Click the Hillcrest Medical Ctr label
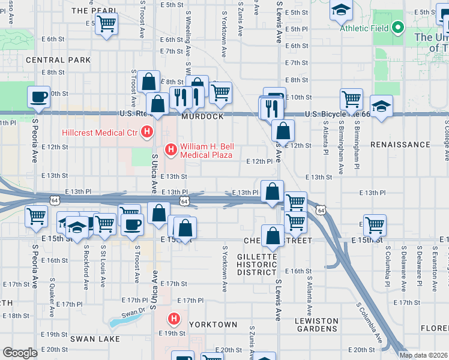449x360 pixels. [x=98, y=133]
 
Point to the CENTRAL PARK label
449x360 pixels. [x=58, y=60]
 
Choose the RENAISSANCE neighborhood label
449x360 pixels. [x=400, y=145]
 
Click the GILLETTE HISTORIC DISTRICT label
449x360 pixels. [x=256, y=264]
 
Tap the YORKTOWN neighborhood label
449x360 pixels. [x=213, y=324]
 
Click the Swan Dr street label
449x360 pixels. [x=133, y=313]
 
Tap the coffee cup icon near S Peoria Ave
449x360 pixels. [x=39, y=97]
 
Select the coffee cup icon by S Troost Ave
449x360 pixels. [x=133, y=224]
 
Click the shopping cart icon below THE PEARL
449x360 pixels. [x=106, y=24]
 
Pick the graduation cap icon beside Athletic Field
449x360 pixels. [x=340, y=10]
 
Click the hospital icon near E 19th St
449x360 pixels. [x=174, y=319]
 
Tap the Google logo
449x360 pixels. [x=20, y=353]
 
